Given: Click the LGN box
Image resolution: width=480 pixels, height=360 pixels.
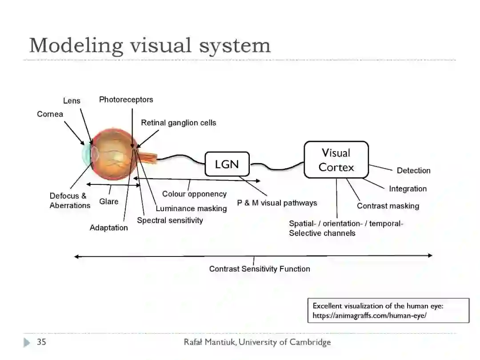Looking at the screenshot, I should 227,164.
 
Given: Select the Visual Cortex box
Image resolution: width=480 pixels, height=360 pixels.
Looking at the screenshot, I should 336,160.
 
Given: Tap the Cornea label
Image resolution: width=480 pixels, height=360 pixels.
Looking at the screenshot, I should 50,114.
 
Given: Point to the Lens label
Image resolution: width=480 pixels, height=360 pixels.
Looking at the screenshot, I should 72,101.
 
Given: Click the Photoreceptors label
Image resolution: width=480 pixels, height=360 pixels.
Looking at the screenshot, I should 126,100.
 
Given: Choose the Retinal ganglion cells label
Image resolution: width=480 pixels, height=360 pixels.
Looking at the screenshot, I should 178,123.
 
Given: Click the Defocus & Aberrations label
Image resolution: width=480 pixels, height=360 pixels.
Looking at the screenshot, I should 69,200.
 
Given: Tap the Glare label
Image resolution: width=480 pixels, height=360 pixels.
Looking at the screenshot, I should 108,201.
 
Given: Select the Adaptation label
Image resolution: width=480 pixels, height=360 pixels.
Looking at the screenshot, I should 108,228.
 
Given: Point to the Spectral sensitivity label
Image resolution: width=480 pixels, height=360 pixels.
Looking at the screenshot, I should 170,220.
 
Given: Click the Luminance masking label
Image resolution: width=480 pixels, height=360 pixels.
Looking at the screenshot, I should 191,208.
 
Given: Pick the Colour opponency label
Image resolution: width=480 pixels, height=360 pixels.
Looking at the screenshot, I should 194,194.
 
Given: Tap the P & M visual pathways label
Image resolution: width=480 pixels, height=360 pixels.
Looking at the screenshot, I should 277,203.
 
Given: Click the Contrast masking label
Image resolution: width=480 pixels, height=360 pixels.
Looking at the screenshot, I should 388,206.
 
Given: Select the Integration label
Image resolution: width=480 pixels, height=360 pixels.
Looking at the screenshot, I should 408,188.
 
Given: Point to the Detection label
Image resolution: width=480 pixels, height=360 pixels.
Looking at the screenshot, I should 413,170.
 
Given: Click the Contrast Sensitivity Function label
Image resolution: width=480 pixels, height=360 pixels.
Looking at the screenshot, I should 260,268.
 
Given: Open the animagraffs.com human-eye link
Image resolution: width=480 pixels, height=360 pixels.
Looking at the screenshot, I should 369,316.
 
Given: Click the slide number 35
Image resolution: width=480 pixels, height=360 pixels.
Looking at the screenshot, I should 41,342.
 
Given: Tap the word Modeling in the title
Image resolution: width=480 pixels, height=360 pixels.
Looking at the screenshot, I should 76,45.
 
